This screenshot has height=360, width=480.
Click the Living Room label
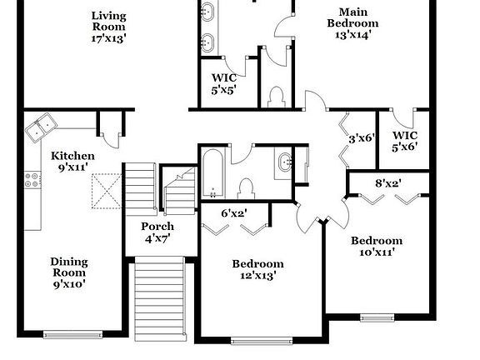(x=108, y=27)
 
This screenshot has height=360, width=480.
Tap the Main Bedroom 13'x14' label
(x=352, y=23)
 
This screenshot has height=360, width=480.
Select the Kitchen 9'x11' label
(x=73, y=161)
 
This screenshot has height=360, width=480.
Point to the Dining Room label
(x=68, y=272)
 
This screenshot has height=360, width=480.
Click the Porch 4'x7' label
(x=157, y=232)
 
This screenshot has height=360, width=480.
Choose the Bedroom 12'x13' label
(x=257, y=269)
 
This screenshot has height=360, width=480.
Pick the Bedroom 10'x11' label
(x=376, y=246)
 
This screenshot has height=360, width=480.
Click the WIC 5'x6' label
(x=406, y=141)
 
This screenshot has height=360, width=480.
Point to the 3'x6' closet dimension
(x=362, y=138)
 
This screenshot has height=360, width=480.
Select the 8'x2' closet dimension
(x=388, y=183)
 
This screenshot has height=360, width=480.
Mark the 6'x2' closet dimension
(x=234, y=213)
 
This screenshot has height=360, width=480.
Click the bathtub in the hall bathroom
(x=212, y=170)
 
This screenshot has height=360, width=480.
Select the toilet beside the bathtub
(x=247, y=187)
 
